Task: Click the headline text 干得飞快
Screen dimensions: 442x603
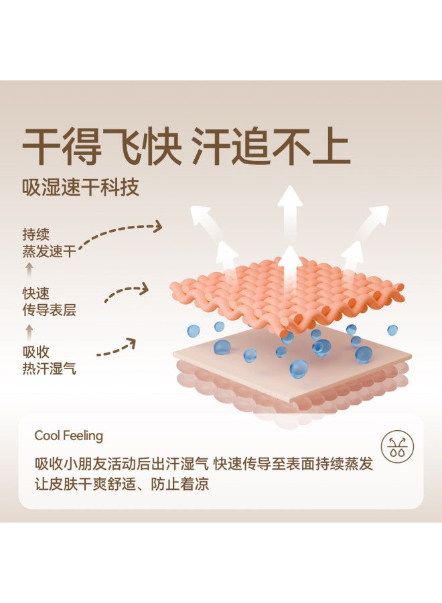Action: (102, 147)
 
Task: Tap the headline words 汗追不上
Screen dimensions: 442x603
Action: (271, 147)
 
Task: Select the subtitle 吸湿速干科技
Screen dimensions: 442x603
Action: (80, 188)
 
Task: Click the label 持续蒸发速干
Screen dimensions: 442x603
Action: (49, 243)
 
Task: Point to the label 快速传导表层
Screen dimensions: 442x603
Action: (49, 301)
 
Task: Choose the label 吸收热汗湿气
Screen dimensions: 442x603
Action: (49, 360)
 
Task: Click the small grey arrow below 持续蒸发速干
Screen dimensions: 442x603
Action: (29, 270)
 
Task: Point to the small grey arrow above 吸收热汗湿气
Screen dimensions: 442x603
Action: (29, 332)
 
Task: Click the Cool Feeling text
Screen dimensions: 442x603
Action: (69, 435)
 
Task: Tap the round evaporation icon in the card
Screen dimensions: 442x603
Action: (397, 446)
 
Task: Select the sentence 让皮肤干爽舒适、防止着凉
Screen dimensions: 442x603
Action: (122, 484)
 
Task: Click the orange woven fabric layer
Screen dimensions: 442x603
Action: (287, 294)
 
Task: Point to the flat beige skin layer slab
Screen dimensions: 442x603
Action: (292, 363)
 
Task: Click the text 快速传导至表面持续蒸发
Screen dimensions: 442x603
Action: (293, 464)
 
